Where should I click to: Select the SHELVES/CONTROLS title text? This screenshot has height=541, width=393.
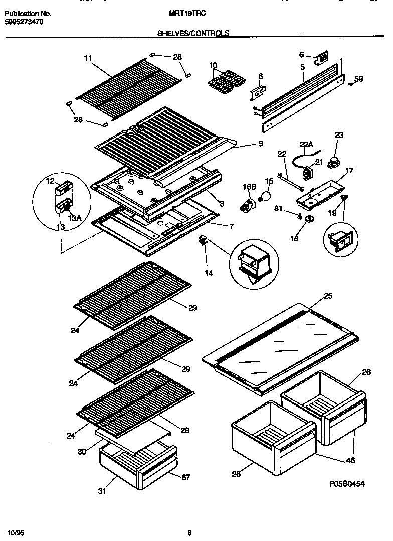pos(193,33)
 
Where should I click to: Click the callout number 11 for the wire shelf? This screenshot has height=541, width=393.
pos(88,59)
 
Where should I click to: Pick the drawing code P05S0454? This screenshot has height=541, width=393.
pos(346,484)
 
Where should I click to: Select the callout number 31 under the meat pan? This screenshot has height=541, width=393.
pos(101,491)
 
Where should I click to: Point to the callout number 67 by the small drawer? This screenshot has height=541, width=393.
pos(185,477)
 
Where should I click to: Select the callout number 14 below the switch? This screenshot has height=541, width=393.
pos(209,273)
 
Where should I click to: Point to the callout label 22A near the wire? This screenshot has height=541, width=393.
pos(306,145)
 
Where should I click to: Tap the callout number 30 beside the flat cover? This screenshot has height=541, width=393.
pos(82,452)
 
